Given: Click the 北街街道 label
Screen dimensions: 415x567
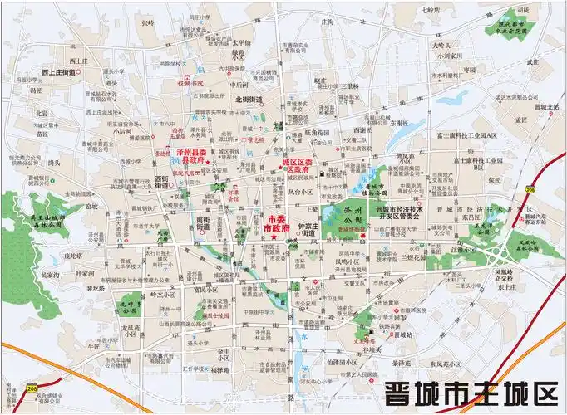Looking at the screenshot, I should click(249, 100).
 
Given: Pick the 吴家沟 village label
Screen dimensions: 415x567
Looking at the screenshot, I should click(52, 273).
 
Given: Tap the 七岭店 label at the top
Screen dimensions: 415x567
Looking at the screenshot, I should click(429, 10).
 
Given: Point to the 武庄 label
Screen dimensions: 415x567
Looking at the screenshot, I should click(534, 61).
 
